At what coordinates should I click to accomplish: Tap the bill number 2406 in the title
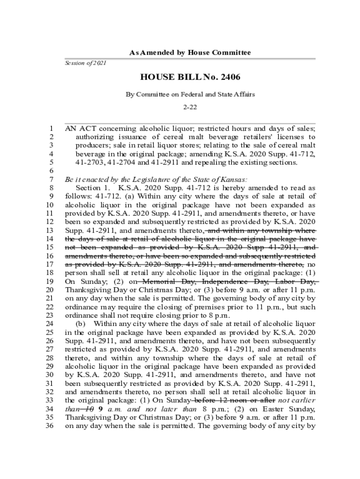point(228,77)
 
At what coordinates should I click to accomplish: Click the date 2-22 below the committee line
point(190,107)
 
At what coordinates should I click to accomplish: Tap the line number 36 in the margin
point(50,426)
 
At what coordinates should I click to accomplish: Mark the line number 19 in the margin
point(50,282)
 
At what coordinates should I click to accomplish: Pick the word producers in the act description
point(92,145)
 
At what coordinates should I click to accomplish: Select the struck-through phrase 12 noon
point(226,400)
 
